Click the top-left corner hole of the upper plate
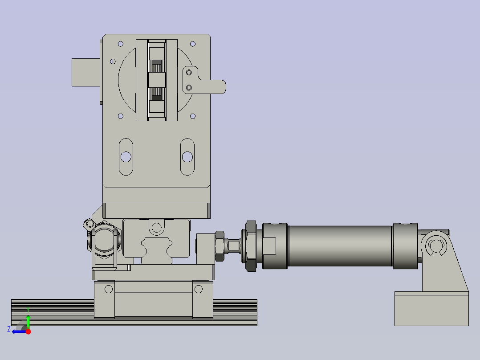point(121,44)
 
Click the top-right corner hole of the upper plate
point(193,44)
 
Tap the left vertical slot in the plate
point(126,157)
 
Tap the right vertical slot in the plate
point(187,157)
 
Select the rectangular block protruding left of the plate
point(86,72)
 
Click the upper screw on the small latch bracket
point(189,72)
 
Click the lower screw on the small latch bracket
point(189,88)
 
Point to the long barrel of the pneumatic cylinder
point(340,246)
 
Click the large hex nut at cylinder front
point(251,246)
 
